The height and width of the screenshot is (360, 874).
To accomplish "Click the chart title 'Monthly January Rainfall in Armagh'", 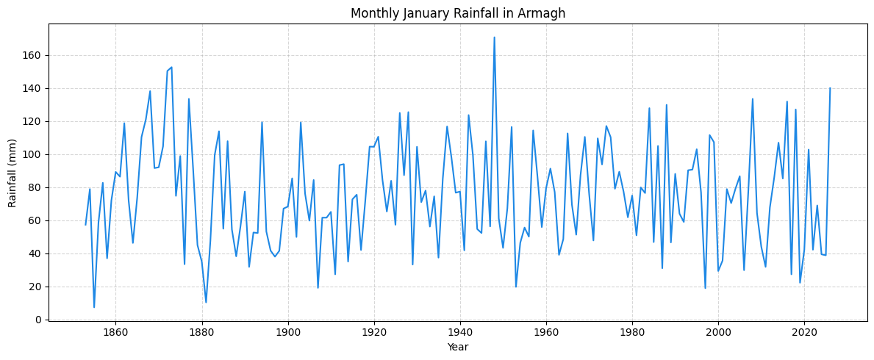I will point(457,13).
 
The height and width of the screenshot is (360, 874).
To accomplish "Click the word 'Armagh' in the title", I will point(543,13).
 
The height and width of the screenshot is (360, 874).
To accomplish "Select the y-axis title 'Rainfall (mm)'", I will point(12,172).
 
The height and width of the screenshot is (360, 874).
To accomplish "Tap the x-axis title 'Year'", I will point(457,347).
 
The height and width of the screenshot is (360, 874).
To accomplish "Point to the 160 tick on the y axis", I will point(35,55).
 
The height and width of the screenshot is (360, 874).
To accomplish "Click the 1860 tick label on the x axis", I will point(115,332).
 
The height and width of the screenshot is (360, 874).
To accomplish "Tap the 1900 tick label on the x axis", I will point(287,332).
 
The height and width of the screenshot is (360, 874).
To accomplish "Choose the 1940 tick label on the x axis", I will point(460,332).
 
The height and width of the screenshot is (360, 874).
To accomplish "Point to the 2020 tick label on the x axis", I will point(804,332).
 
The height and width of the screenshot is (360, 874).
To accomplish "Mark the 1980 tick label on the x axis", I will point(632,332).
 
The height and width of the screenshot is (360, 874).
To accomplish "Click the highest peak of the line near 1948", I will point(494,37).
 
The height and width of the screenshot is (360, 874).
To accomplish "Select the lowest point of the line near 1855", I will point(94,307).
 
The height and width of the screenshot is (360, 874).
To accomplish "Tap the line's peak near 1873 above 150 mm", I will point(171,68).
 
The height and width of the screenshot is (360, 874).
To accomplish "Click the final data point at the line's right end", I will point(830,88).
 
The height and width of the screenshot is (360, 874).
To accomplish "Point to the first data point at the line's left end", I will point(85,225).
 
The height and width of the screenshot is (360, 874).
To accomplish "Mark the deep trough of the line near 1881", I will point(206,302).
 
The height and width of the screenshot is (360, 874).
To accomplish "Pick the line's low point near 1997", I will point(705,288).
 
